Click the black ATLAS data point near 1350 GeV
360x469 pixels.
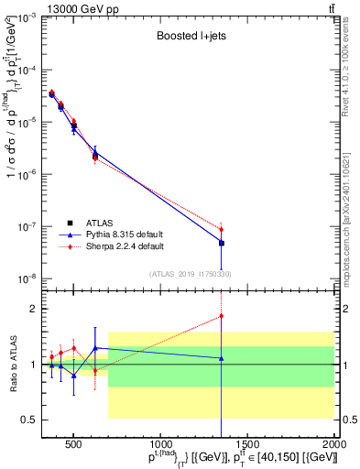coord(222,243)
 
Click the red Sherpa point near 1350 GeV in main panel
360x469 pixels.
coord(222,229)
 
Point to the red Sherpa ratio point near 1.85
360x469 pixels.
coord(222,316)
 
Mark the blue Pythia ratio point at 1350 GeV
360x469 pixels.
coord(222,358)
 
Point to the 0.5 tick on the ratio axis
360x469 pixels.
coord(31,420)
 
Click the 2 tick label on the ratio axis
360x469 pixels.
coord(35,309)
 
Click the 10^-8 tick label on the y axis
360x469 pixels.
coord(27,278)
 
